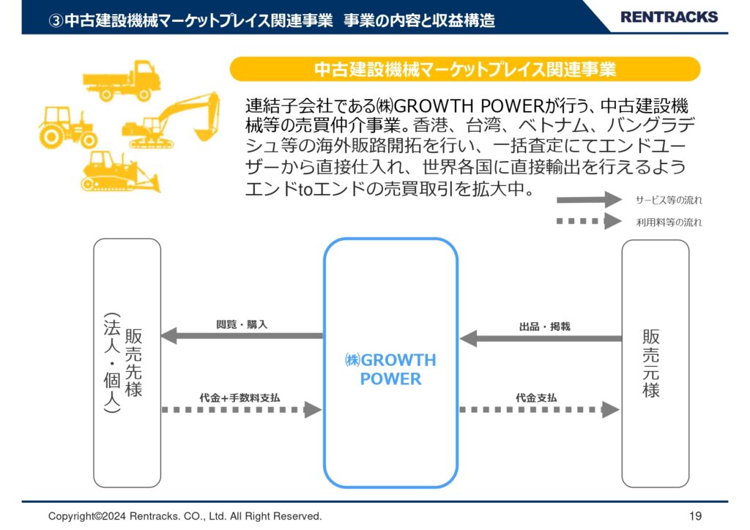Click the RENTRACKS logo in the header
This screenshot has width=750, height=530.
pos(669,18)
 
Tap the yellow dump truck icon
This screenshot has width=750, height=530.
pos(122,81)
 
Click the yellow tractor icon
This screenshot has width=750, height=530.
pos(67,127)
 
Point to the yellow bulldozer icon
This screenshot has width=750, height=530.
pos(120,171)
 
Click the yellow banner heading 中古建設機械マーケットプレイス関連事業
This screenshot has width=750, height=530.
pos(465,70)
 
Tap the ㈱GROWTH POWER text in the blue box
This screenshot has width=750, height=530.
pos(391,369)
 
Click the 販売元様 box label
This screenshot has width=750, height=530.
pos(651,363)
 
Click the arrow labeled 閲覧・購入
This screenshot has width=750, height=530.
pos(242,335)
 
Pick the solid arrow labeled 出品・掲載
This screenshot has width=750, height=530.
pos(541,338)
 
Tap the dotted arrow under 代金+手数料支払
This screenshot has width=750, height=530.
pos(242,409)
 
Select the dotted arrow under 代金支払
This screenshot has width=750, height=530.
pos(540,409)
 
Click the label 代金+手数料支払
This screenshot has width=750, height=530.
pos(240,397)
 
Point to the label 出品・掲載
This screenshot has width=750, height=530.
pos(545,327)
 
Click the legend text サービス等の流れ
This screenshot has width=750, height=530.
pos(669,201)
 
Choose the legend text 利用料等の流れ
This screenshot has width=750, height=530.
pos(669,223)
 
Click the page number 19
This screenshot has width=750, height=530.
pos(696,516)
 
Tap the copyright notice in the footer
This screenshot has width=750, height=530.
pos(185,516)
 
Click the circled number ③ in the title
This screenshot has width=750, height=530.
pos(56,20)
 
